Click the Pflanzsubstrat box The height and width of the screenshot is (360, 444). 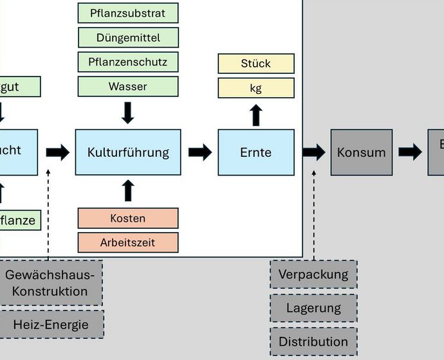pos(127,13)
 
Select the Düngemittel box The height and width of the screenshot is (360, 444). pos(127,38)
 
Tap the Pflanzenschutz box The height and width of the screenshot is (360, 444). pos(127,62)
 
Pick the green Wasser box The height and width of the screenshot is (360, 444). pos(127,86)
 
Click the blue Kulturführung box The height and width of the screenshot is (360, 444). pos(127,152)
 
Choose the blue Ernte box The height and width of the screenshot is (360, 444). pos(255,152)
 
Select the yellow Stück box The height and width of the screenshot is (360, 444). pos(255,64)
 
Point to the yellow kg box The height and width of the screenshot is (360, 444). pos(255,88)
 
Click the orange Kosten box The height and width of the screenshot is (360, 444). pos(127,219)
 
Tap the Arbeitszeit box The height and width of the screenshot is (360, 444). pos(127,243)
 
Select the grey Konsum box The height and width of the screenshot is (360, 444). pos(361,152)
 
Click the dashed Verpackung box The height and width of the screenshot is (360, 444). pos(313,274)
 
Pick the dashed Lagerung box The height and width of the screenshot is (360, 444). pos(313,308)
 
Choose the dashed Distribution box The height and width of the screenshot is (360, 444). pos(313,341)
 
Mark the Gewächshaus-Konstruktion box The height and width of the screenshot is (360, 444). pos(50,283)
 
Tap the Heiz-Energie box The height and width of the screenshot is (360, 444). pos(51,325)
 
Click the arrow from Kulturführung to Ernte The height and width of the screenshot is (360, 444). pos(200,152)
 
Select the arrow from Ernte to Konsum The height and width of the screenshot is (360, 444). pos(314,152)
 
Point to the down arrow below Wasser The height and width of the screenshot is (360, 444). pos(127,113)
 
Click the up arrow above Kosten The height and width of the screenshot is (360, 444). pos(127,190)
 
